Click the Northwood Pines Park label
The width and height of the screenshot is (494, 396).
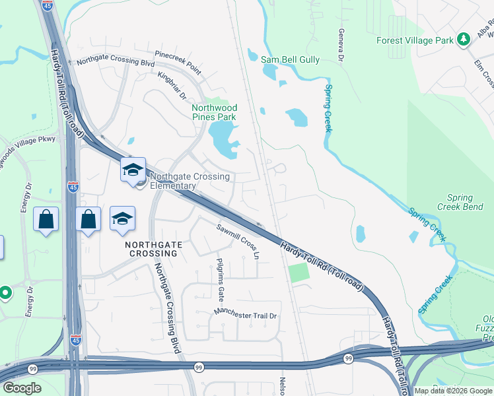pos(213,112)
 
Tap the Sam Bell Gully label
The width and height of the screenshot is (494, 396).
pos(290,60)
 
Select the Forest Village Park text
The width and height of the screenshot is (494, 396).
pos(415,40)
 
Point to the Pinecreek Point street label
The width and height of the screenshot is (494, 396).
pos(178,61)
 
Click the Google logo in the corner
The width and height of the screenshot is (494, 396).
pos(22,388)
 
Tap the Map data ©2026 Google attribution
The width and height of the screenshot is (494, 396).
pos(452,391)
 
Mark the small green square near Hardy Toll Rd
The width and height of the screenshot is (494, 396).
pos(299,272)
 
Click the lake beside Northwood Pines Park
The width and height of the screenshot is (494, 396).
pos(223,140)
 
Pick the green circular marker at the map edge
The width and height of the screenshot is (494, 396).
pos(5,292)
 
